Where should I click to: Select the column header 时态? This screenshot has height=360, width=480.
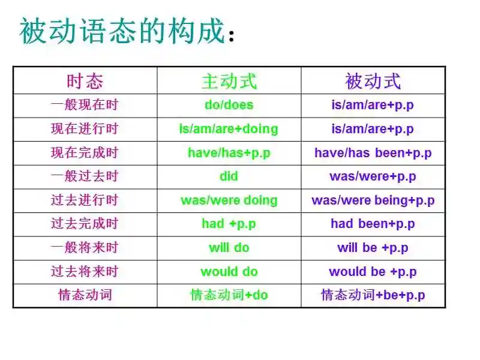(85, 81)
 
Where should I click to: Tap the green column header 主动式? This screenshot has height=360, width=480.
(229, 81)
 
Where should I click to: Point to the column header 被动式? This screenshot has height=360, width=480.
(373, 81)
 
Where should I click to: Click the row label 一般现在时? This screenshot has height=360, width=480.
(85, 105)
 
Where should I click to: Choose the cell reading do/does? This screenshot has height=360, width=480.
(229, 105)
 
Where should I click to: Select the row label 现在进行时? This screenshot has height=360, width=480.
(85, 129)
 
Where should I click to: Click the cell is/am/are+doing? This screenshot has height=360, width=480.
(229, 129)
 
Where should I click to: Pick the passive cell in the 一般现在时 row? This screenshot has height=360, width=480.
(373, 105)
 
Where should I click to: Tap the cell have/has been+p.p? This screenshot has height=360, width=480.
(373, 153)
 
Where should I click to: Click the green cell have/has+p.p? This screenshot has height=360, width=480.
(229, 153)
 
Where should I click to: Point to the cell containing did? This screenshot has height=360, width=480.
(229, 176)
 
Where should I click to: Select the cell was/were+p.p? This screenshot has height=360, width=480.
(373, 176)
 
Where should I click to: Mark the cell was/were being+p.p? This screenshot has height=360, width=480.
(373, 200)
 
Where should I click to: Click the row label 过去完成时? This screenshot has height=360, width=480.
(85, 224)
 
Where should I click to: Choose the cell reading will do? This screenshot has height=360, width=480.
(229, 248)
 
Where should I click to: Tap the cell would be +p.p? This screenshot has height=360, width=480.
(373, 272)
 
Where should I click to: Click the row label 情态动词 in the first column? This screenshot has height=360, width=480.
(85, 295)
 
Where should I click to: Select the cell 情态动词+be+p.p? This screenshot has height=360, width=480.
(373, 295)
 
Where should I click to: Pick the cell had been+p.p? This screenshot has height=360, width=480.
(373, 224)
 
